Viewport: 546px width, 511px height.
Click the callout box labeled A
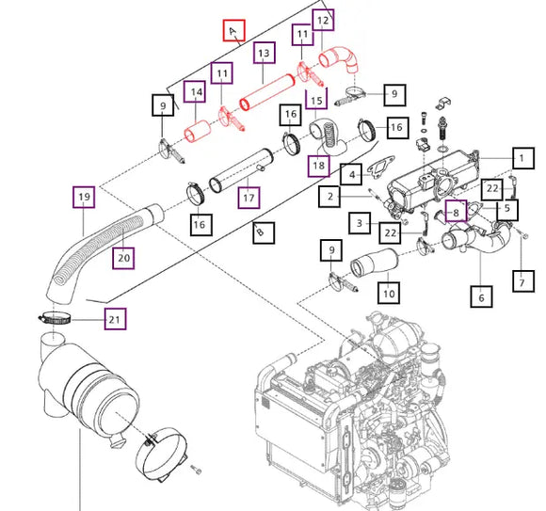(x=233, y=32)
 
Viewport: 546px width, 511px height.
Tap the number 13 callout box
(x=264, y=55)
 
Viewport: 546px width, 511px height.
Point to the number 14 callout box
(x=194, y=92)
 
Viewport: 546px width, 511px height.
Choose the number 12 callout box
(x=323, y=19)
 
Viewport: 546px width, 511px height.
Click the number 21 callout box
(x=114, y=320)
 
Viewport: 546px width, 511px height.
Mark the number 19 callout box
(x=84, y=198)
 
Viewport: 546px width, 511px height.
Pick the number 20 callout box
(x=124, y=256)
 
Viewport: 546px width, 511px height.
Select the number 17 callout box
(x=249, y=199)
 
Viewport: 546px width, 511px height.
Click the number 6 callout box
(x=481, y=297)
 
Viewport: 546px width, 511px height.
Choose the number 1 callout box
(x=520, y=157)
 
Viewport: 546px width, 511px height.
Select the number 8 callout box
(x=456, y=213)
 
